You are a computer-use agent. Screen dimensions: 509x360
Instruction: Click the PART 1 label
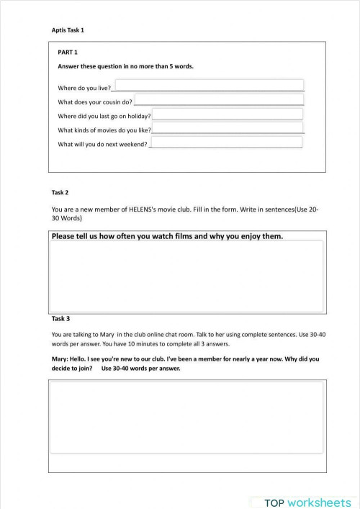(68, 53)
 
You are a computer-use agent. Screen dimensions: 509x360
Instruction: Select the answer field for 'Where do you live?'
(207, 85)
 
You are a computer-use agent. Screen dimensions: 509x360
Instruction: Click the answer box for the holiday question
(228, 114)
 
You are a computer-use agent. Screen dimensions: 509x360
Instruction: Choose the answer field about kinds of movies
(228, 128)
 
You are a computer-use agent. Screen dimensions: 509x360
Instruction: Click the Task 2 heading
(60, 192)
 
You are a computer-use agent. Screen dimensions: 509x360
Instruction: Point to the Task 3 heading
(60, 317)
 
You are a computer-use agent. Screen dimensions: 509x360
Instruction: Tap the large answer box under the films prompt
(186, 276)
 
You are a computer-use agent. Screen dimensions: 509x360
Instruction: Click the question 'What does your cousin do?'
(95, 102)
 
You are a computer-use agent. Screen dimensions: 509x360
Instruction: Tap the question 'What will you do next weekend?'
(102, 144)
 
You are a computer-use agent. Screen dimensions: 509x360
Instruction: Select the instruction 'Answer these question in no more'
(125, 66)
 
